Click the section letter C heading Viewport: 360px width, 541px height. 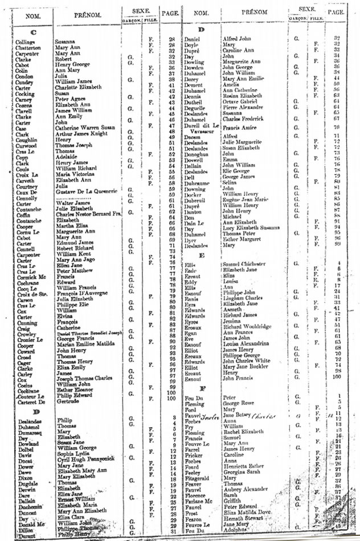tap(32, 32)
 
